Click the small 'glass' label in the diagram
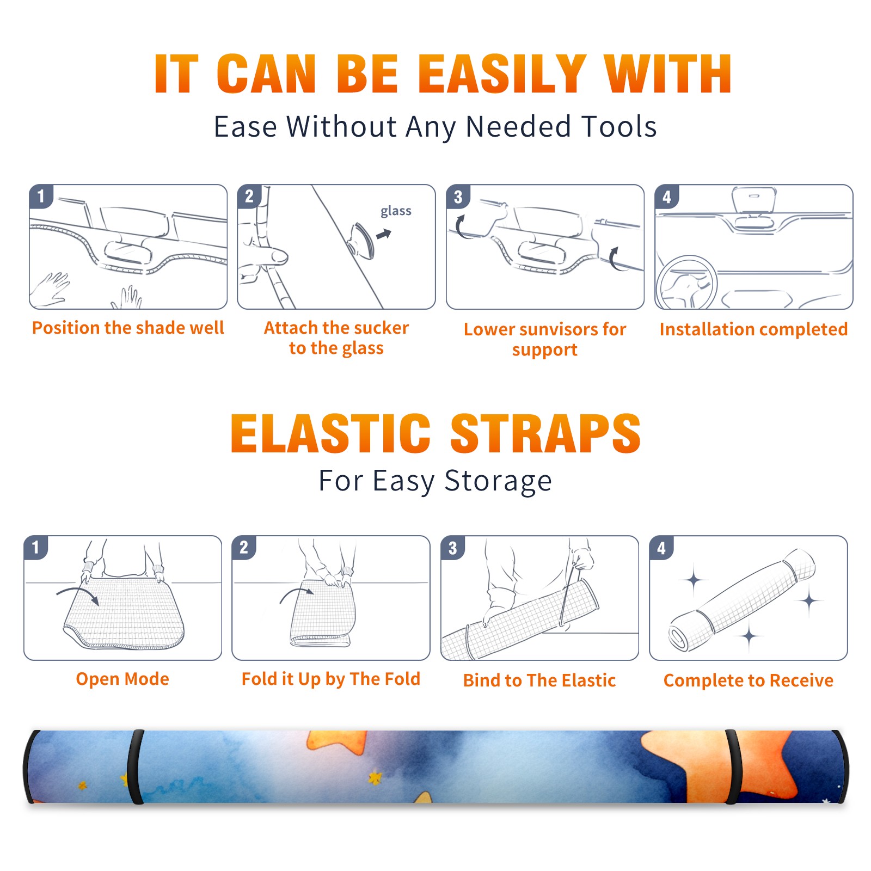[396, 211]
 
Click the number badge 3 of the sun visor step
[458, 197]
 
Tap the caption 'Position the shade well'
[128, 328]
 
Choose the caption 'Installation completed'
[753, 329]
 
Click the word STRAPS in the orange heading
[545, 433]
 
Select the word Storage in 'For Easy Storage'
[498, 481]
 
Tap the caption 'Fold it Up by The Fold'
[331, 679]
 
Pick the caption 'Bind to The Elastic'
[539, 680]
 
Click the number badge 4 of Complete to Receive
[661, 548]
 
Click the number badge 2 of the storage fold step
[244, 548]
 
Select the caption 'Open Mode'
[122, 679]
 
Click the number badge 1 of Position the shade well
[41, 197]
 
